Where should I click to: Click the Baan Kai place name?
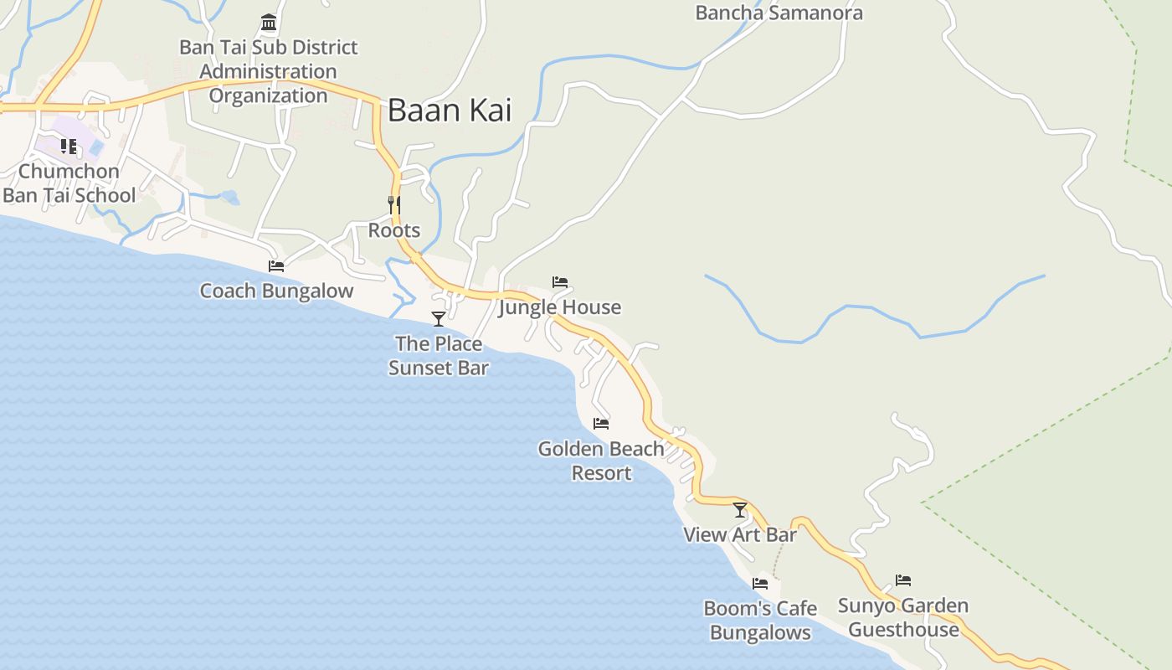click(449, 111)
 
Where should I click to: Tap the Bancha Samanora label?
click(779, 13)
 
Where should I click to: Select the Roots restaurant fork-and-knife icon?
click(394, 204)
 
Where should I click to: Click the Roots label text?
click(394, 230)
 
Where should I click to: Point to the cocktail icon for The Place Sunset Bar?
click(438, 318)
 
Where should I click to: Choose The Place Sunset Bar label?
click(439, 355)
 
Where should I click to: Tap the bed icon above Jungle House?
click(560, 282)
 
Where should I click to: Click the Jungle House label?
click(560, 307)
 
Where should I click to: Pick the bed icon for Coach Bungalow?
click(276, 266)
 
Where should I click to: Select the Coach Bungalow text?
click(276, 291)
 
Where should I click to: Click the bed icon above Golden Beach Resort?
click(601, 424)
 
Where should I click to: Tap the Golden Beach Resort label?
click(601, 461)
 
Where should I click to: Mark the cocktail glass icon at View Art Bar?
click(740, 509)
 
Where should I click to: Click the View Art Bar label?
click(740, 534)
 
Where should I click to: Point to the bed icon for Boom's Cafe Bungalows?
click(760, 583)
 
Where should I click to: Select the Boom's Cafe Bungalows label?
click(760, 620)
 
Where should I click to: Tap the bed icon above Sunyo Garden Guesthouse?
click(903, 580)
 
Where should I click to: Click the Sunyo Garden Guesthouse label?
click(903, 617)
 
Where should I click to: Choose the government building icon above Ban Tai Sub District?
click(269, 22)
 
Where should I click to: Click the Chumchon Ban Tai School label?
click(69, 183)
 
